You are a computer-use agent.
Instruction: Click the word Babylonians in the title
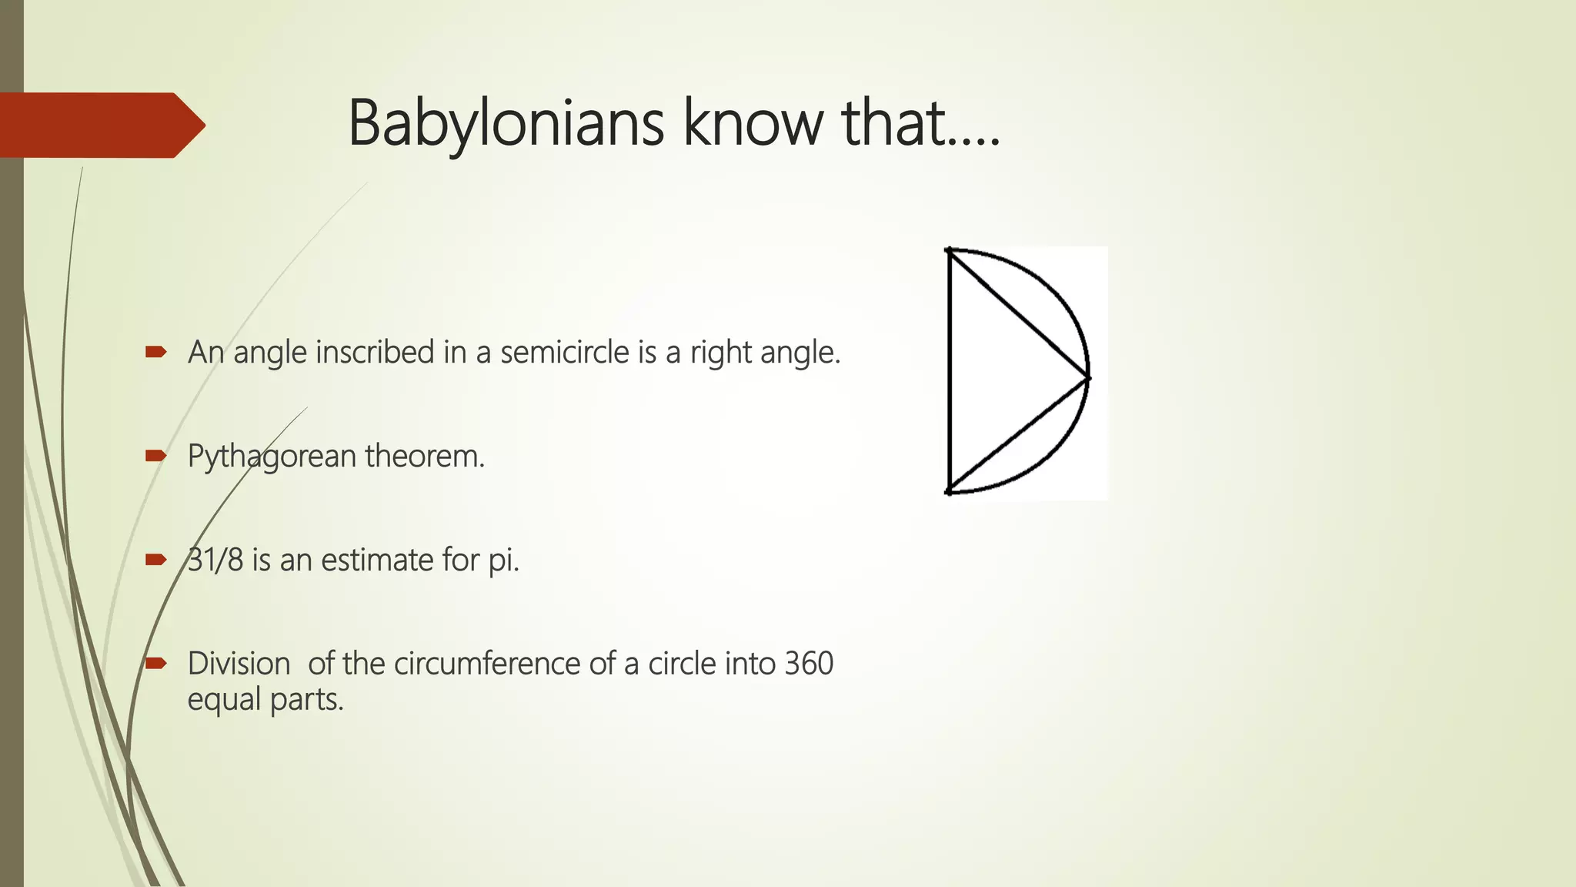[x=506, y=123]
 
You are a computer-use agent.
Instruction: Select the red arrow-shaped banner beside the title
[x=100, y=125]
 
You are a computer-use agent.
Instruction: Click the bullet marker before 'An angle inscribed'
[x=155, y=353]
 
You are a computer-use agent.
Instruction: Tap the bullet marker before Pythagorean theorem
[x=155, y=456]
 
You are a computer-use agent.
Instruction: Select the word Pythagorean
[x=272, y=457]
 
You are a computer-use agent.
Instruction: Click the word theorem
[x=425, y=456]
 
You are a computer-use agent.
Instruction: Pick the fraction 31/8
[x=215, y=560]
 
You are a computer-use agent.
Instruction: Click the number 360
[x=809, y=664]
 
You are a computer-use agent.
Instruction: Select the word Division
[x=239, y=664]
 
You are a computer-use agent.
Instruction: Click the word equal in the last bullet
[x=224, y=700]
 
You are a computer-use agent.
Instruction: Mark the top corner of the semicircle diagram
[x=950, y=250]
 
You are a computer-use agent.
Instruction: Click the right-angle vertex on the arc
[x=1088, y=377]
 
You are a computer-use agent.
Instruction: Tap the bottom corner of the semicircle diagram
[x=950, y=491]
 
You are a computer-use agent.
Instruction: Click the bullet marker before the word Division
[x=155, y=663]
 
